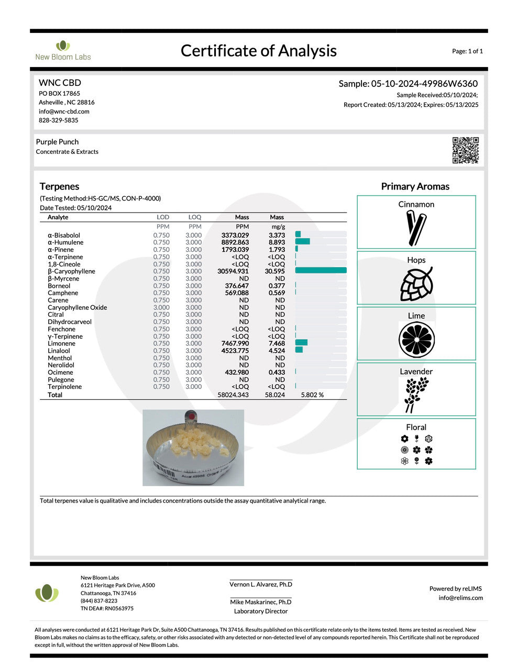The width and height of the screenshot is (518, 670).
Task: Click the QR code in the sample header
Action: pos(465,150)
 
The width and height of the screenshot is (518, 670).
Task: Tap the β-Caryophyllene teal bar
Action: pos(321,271)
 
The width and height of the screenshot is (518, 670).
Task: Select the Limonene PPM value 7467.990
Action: pos(235,343)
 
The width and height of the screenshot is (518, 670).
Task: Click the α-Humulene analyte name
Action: pos(65,242)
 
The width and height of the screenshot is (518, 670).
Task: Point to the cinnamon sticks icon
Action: pos(416,228)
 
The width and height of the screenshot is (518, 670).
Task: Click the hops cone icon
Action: pos(416,284)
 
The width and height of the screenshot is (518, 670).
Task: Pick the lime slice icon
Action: pos(416,340)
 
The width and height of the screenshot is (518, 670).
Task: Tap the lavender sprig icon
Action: pos(416,395)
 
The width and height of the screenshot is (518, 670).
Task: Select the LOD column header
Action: pos(163,217)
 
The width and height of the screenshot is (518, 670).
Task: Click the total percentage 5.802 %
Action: pos(312,395)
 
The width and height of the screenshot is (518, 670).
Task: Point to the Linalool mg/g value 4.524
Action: pos(277,351)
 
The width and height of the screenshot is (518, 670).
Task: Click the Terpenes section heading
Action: pos(59,186)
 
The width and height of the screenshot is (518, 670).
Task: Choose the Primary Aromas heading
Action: pos(415,186)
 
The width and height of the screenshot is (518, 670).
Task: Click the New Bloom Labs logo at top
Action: pos(63,50)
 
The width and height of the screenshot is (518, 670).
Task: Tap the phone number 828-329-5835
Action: pos(58,120)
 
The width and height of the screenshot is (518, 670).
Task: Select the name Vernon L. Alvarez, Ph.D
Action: pos(261,584)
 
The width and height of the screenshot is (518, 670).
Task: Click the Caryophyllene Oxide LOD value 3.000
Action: pos(161,307)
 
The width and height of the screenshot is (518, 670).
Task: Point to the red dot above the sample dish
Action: pos(192,416)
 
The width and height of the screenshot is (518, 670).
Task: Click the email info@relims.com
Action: pos(460,598)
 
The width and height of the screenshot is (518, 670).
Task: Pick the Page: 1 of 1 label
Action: pos(467,51)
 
